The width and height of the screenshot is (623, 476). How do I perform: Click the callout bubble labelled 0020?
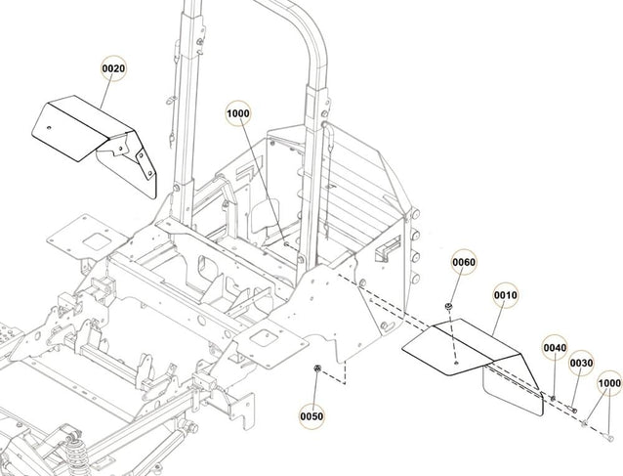tap(115, 69)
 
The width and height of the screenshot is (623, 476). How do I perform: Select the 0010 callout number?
tap(505, 294)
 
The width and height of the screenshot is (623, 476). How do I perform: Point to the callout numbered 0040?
tap(555, 347)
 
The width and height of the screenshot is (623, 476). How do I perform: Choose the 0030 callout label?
tap(581, 362)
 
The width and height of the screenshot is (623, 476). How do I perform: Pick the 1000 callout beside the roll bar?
tap(239, 113)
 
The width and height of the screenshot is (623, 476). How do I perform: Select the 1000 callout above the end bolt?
tap(608, 383)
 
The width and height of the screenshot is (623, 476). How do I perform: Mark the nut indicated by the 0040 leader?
tap(552, 399)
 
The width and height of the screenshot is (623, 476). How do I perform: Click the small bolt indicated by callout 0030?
tap(574, 410)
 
